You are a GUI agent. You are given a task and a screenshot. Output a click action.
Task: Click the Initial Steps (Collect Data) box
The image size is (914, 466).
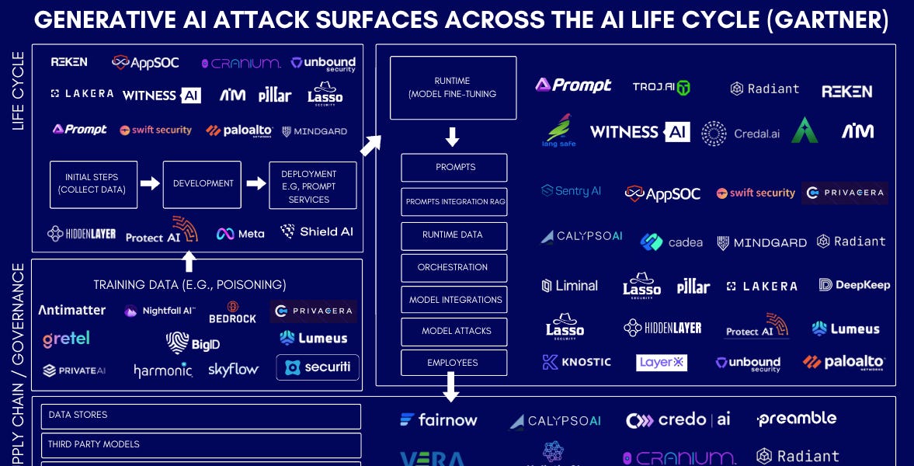pyautogui.click(x=93, y=184)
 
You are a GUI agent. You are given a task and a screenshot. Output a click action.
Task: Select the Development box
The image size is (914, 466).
pyautogui.click(x=202, y=184)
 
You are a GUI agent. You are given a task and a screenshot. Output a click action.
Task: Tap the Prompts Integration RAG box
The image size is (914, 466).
pyautogui.click(x=454, y=202)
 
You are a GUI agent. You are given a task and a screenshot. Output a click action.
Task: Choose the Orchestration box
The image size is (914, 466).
pyautogui.click(x=454, y=267)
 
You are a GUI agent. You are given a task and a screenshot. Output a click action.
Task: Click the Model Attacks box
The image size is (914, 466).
pyautogui.click(x=454, y=331)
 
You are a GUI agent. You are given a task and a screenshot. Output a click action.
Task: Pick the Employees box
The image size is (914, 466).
pyautogui.click(x=454, y=363)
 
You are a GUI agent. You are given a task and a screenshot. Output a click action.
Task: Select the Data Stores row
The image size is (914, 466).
pyautogui.click(x=200, y=416)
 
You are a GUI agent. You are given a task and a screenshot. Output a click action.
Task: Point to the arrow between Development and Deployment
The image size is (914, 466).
pyautogui.click(x=255, y=184)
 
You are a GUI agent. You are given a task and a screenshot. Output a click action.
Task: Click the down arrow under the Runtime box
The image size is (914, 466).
pyautogui.click(x=452, y=138)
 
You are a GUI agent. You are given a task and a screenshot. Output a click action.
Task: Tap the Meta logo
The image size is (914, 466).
pyautogui.click(x=240, y=233)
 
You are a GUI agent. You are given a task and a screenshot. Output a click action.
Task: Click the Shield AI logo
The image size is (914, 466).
pyautogui.click(x=316, y=231)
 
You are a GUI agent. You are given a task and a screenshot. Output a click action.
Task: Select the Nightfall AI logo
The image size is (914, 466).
pyautogui.click(x=159, y=311)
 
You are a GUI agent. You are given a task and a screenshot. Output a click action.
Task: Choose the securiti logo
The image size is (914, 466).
pyautogui.click(x=318, y=367)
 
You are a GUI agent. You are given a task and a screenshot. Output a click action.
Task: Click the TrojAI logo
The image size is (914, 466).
pyautogui.click(x=661, y=88)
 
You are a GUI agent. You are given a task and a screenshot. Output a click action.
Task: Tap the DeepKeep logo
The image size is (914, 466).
pyautogui.click(x=854, y=285)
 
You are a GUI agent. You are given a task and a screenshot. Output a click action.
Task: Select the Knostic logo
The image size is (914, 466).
pyautogui.click(x=576, y=362)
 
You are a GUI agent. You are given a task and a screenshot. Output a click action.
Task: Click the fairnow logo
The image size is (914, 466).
pyautogui.click(x=439, y=420)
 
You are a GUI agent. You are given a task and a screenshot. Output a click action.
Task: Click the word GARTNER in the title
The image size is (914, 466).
pyautogui.click(x=826, y=20)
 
